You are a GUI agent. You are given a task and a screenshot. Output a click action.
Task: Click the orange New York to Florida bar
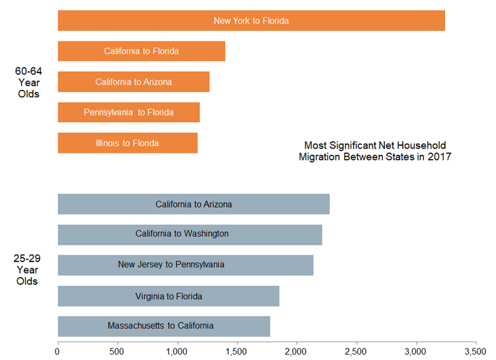click(x=251, y=20)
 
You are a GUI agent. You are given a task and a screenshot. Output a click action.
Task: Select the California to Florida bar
click(x=141, y=51)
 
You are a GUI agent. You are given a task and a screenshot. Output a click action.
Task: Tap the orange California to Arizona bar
click(x=133, y=82)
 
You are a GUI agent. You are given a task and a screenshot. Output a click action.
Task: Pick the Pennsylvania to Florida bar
click(x=128, y=112)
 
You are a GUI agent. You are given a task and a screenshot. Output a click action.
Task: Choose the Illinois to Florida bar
click(x=127, y=143)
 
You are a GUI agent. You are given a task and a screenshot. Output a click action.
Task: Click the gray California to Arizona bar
click(x=193, y=204)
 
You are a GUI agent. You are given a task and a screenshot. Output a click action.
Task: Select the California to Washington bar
click(x=190, y=234)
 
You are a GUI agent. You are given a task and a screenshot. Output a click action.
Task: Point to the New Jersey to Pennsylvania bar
click(x=185, y=265)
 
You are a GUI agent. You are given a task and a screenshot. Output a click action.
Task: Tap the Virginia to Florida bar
click(x=168, y=296)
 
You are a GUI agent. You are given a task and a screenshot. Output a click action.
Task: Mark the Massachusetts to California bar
click(x=164, y=326)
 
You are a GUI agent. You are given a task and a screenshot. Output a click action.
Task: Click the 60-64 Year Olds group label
click(x=29, y=82)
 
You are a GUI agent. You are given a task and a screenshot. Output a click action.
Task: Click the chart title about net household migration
click(x=374, y=151)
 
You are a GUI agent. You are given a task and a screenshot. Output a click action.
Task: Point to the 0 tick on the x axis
click(x=58, y=351)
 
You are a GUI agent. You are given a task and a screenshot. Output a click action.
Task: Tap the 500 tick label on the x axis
click(x=117, y=351)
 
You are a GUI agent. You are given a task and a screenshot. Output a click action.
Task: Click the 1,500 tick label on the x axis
click(x=237, y=351)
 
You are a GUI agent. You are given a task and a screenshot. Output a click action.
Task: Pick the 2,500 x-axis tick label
click(x=356, y=351)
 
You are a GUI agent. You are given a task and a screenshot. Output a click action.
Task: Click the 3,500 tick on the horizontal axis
click(x=476, y=351)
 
